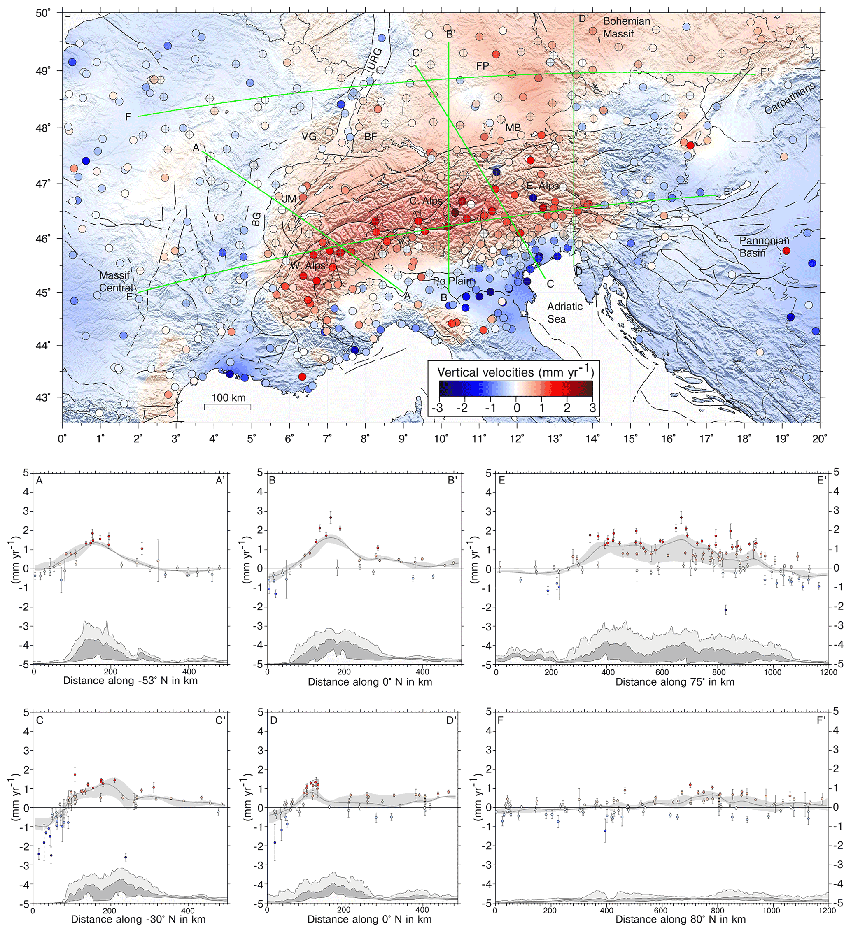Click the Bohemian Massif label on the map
point(626,27)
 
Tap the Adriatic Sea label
point(564,312)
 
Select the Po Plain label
point(453,281)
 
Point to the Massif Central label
point(116,281)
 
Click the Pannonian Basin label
point(765,247)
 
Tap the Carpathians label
point(790,98)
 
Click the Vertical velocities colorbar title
point(515,372)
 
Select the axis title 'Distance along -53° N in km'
point(131,681)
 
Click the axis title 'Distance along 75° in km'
point(675,681)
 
